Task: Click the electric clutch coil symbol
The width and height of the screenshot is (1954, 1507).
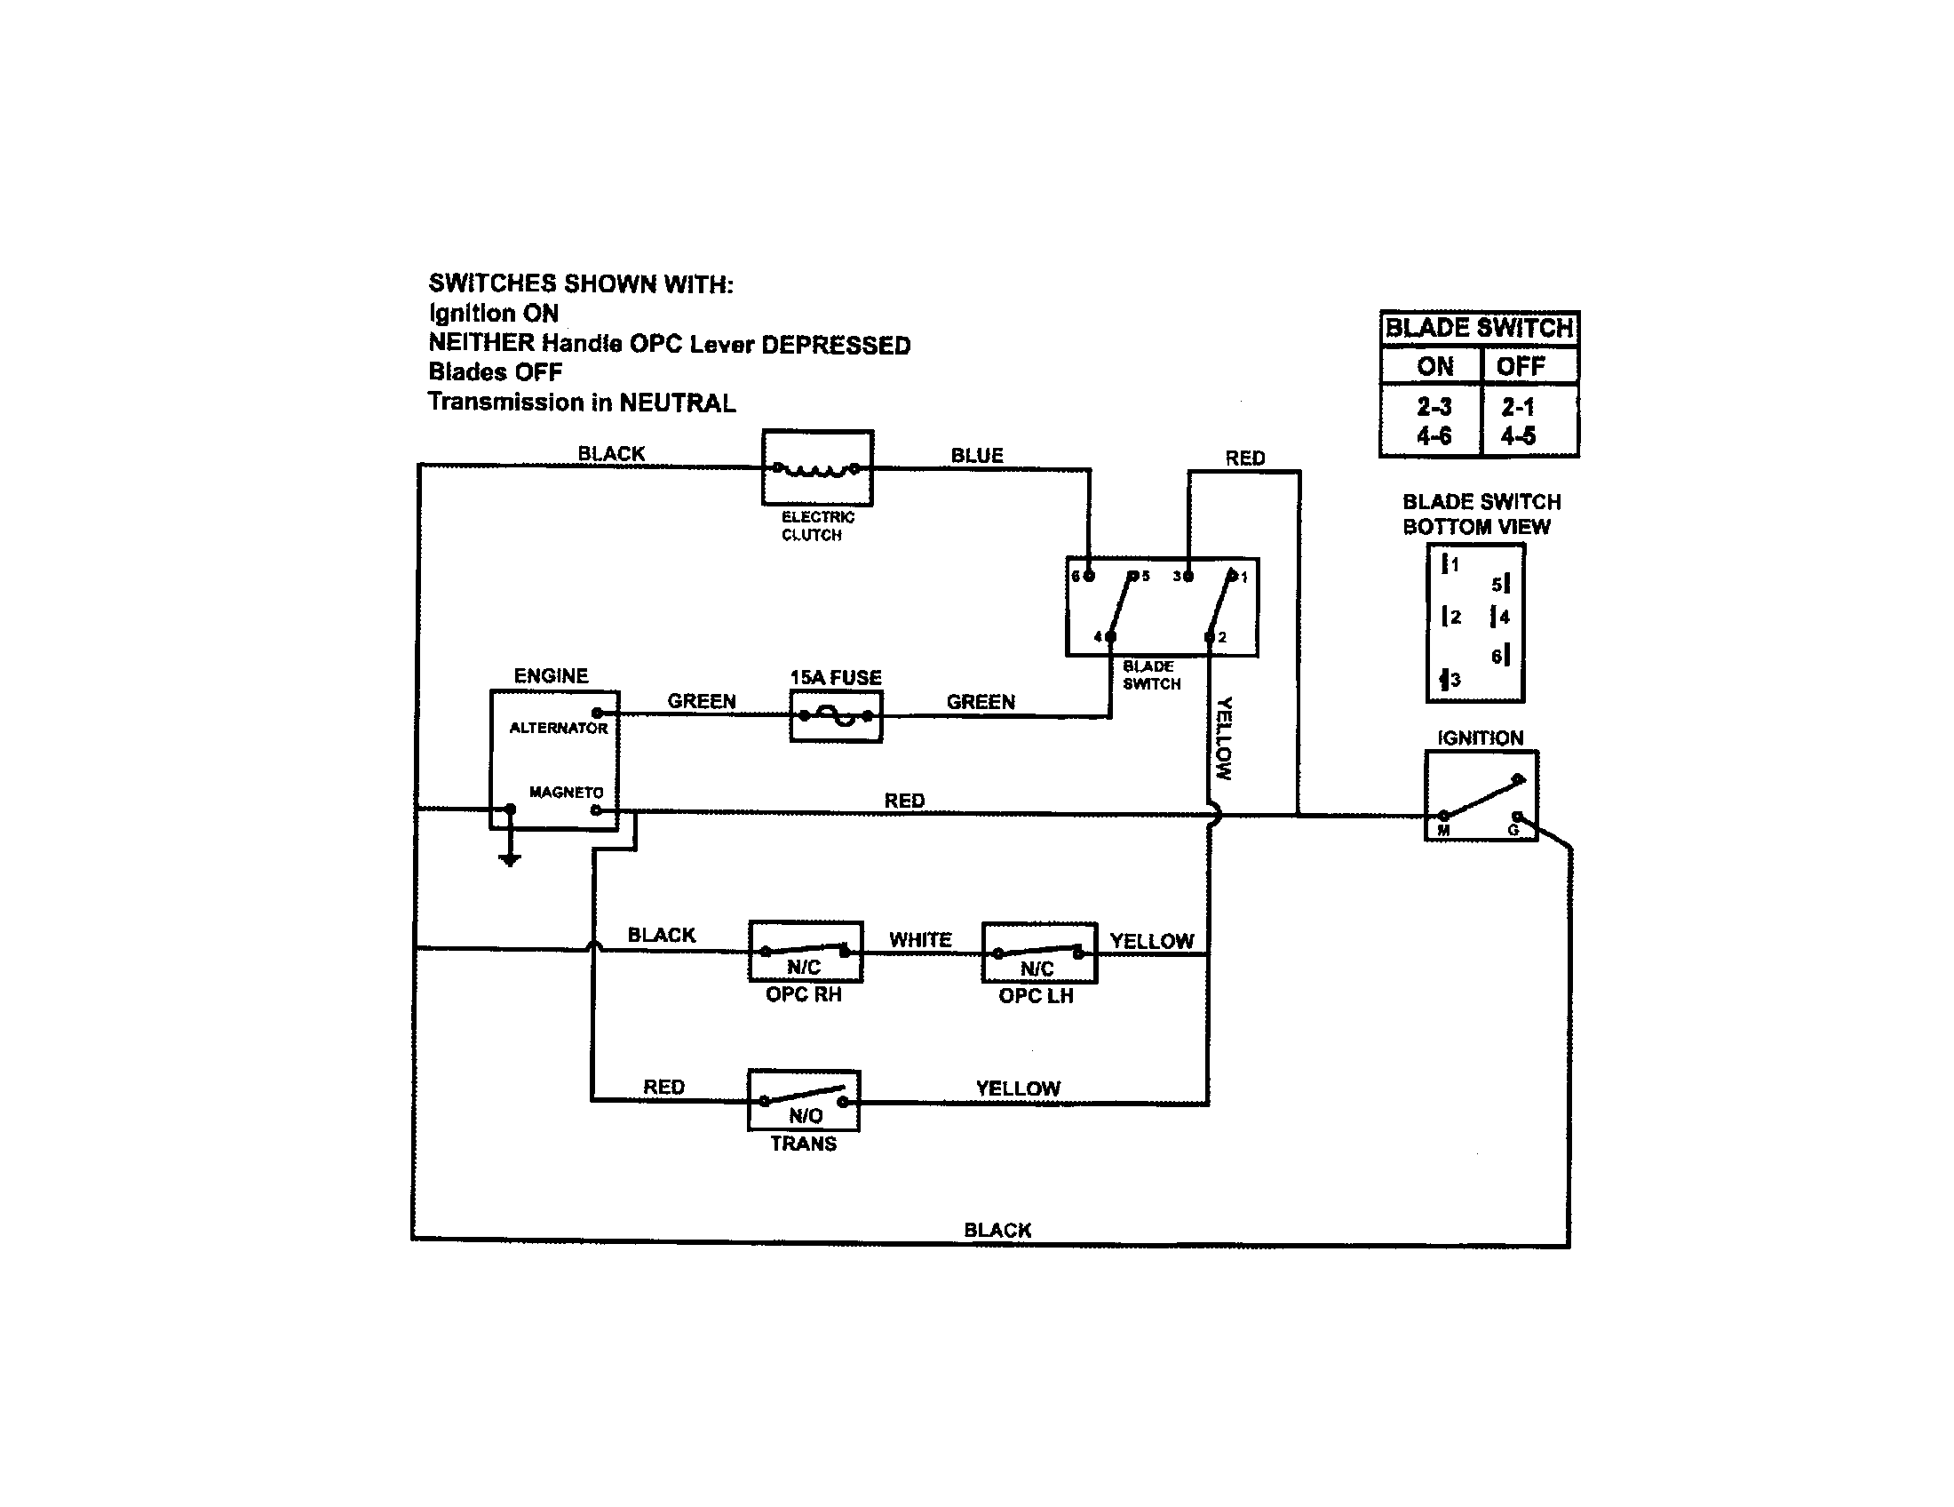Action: tap(816, 469)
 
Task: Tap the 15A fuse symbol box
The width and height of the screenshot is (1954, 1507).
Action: tap(836, 716)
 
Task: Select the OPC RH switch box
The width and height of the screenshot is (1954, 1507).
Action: tap(806, 952)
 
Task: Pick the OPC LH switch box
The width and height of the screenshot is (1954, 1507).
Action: tap(1039, 953)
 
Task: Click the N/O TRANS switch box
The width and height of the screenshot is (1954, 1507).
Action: tap(804, 1100)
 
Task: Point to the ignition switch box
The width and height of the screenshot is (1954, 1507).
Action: tap(1481, 795)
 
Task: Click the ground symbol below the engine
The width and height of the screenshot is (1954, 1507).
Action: tap(509, 858)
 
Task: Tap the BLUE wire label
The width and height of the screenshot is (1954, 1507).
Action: tap(976, 456)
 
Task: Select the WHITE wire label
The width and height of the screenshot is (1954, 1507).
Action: tap(920, 939)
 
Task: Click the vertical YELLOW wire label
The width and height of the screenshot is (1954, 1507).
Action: tap(1224, 738)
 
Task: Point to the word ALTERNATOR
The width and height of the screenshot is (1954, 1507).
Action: tap(559, 729)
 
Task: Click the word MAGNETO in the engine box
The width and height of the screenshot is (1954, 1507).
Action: tap(566, 792)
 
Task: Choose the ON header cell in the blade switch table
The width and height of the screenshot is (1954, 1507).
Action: tap(1434, 366)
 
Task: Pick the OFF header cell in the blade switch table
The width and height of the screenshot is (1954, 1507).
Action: tap(1520, 366)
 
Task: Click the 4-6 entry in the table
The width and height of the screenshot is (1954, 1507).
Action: tap(1434, 435)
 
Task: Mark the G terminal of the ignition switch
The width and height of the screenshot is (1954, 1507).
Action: tap(1516, 817)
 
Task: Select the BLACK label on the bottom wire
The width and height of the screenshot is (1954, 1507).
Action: tap(997, 1230)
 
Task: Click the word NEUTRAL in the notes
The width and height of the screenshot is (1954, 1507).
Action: tap(678, 403)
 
